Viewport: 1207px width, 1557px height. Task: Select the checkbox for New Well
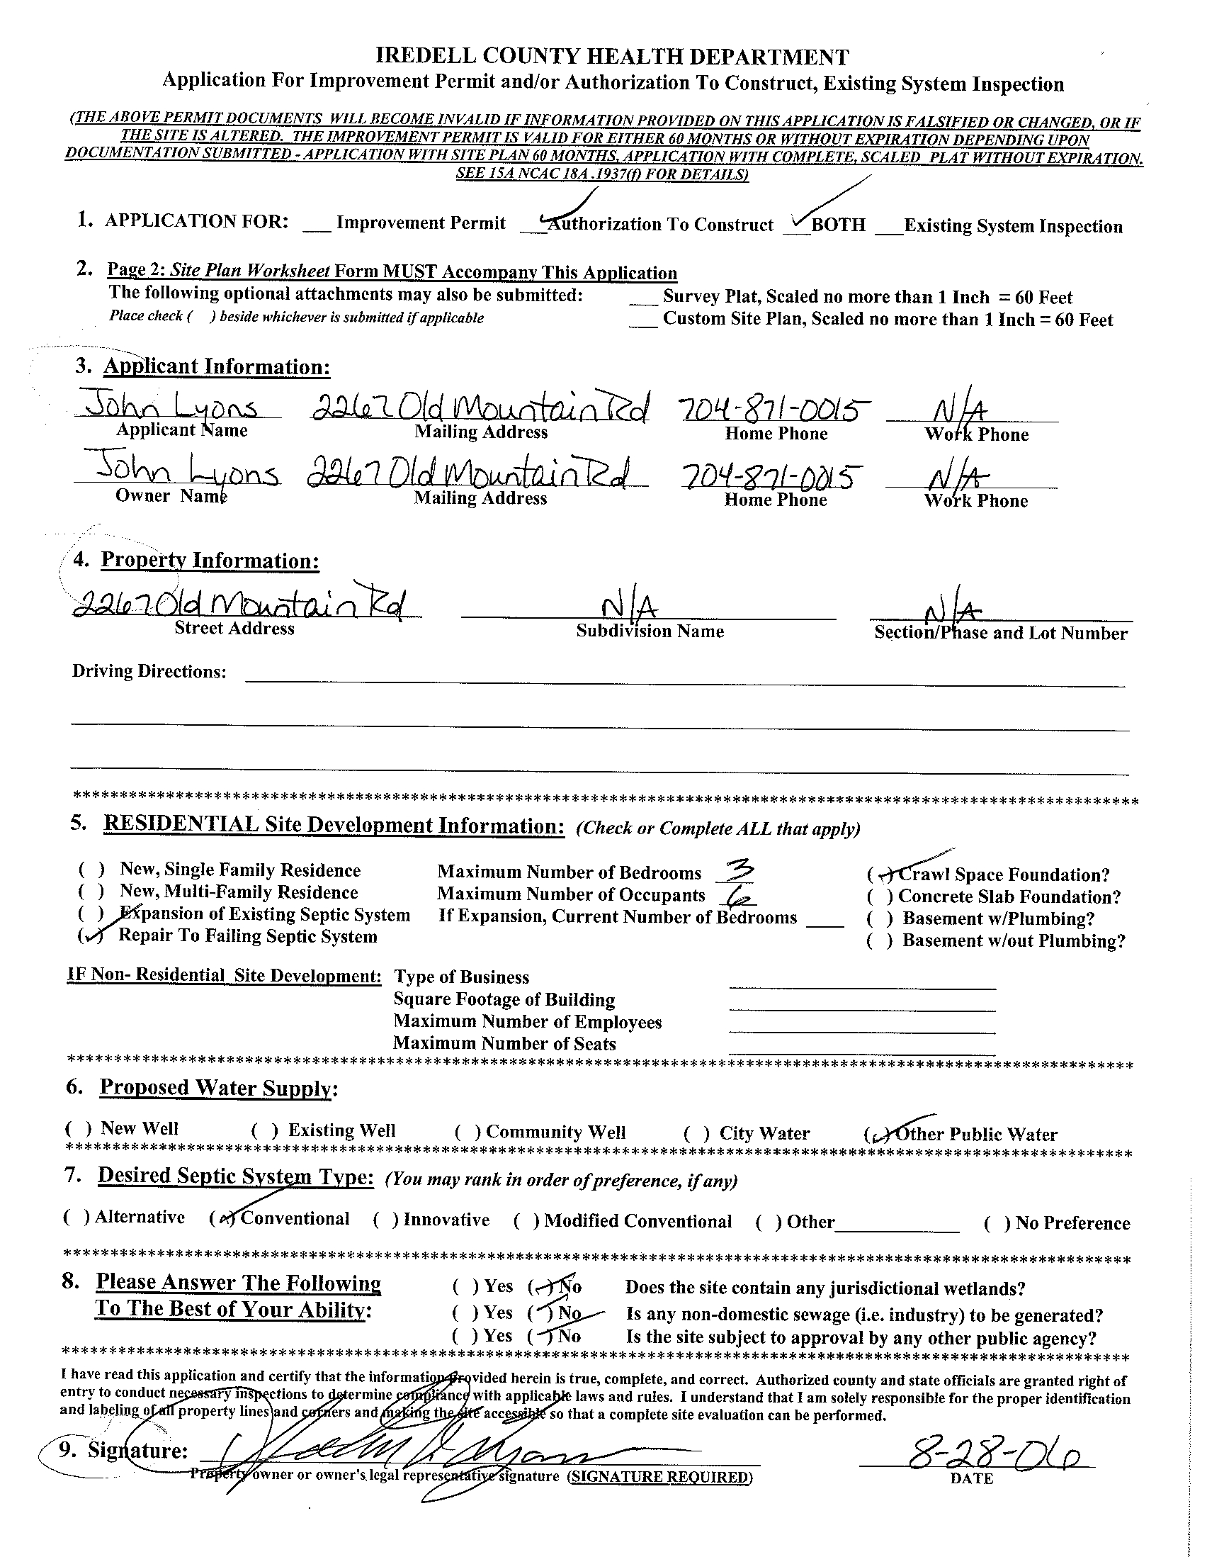tap(78, 1129)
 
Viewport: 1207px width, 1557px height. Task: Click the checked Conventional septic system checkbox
tap(223, 1219)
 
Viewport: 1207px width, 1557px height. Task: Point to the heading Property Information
tap(210, 561)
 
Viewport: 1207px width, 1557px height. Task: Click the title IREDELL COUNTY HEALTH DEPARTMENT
tap(612, 57)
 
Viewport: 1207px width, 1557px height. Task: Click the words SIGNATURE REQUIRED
tap(659, 1476)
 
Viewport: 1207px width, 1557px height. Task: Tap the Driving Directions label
tap(149, 672)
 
